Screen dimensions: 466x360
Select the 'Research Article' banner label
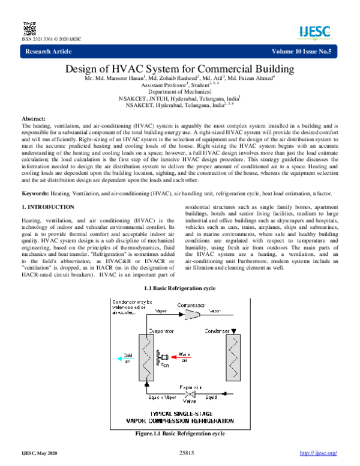click(x=47, y=53)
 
